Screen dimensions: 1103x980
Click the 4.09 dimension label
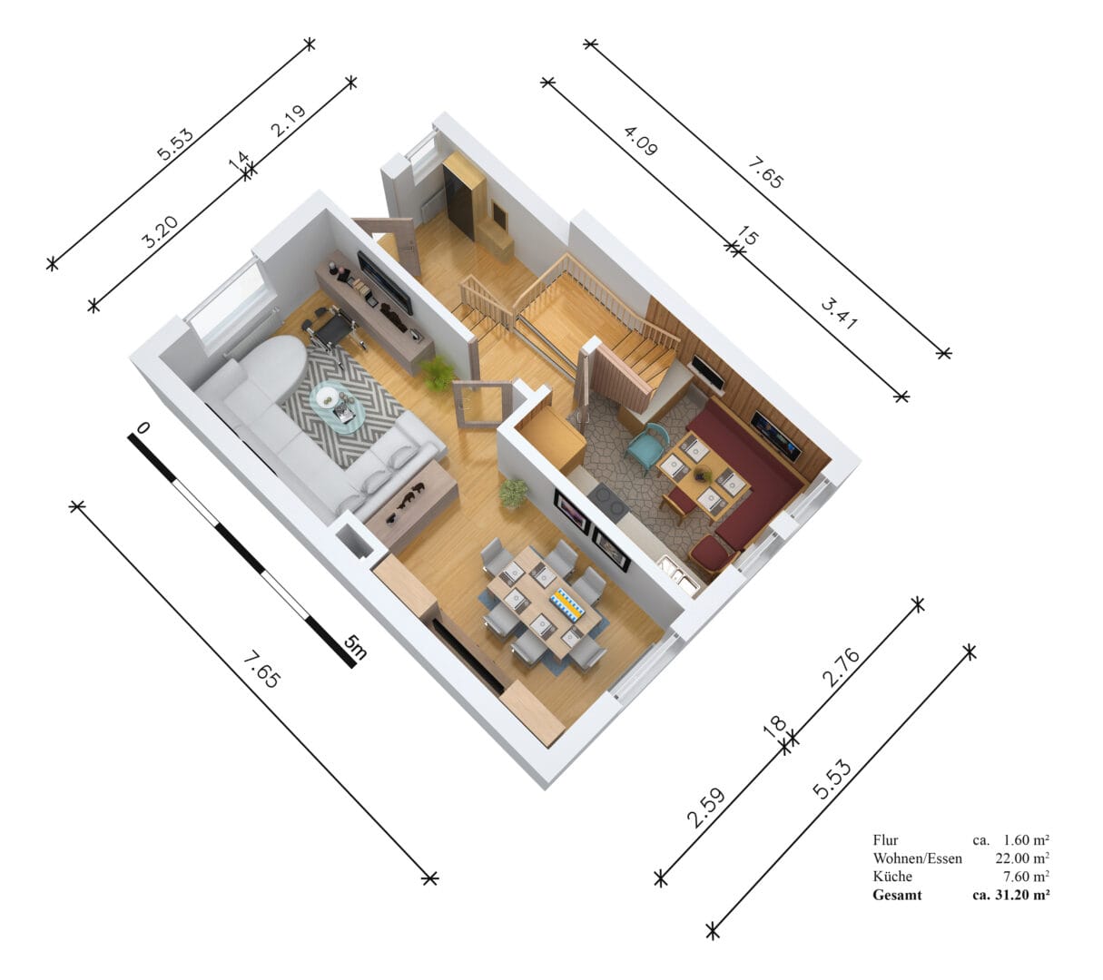pyautogui.click(x=640, y=141)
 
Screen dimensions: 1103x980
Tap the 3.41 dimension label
pyautogui.click(x=839, y=313)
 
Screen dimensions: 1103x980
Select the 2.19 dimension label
pyautogui.click(x=288, y=121)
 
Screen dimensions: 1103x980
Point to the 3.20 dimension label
pyautogui.click(x=160, y=231)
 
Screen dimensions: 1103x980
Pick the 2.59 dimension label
pyautogui.click(x=706, y=808)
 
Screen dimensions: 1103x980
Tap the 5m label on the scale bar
pyautogui.click(x=355, y=647)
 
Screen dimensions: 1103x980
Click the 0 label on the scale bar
pyautogui.click(x=143, y=427)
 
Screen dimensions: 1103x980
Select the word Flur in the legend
pyautogui.click(x=885, y=839)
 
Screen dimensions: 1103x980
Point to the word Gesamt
pyautogui.click(x=897, y=895)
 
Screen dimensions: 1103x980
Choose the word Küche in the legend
pyautogui.click(x=892, y=877)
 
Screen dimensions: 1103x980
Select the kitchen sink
pyautogui.click(x=679, y=573)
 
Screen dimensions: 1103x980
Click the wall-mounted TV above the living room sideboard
pyautogui.click(x=384, y=282)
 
